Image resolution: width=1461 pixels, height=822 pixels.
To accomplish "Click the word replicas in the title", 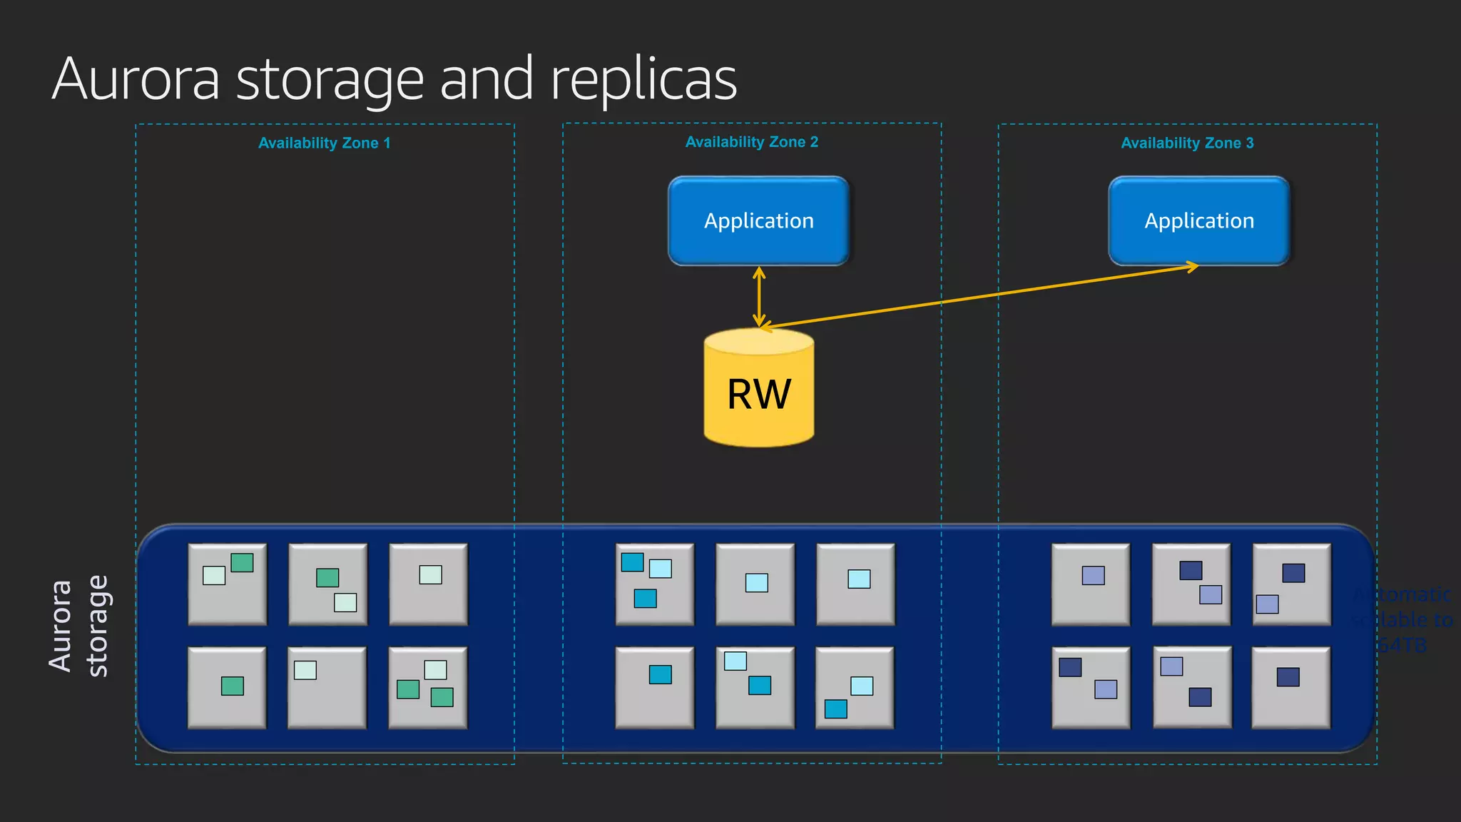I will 643,80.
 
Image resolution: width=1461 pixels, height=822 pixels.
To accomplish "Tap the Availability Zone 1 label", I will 324,143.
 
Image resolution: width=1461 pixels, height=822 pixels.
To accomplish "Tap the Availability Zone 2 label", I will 751,142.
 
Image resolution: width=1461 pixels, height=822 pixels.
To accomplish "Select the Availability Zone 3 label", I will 1187,143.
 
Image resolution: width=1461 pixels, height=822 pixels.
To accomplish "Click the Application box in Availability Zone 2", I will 758,220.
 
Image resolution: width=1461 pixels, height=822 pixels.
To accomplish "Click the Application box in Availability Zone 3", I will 1198,220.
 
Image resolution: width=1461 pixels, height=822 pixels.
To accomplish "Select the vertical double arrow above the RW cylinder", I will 759,296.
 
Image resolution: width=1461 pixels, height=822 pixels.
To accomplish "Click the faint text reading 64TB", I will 1401,645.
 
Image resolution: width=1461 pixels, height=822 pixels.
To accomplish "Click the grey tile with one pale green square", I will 428,584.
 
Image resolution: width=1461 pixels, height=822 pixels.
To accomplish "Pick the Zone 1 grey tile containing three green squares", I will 427,688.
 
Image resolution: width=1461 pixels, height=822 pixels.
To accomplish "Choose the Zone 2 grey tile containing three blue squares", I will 654,584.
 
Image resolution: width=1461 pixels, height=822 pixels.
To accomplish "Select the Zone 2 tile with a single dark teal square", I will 654,688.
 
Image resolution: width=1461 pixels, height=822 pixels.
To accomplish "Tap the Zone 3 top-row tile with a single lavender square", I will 1090,584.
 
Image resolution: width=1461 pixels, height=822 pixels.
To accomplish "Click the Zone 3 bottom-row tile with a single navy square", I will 1291,688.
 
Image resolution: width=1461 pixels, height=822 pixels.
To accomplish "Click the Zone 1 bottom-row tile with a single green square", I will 227,688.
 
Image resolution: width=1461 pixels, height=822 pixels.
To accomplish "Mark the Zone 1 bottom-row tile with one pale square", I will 327,688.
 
